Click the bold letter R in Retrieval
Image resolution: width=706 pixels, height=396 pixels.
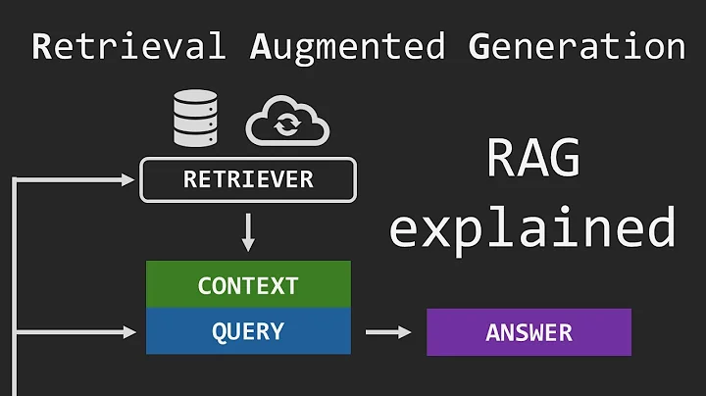tap(42, 46)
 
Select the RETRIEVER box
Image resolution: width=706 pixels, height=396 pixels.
tap(248, 180)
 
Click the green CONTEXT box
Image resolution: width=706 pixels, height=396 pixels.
tap(247, 285)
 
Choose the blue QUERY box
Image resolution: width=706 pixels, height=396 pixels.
tap(247, 331)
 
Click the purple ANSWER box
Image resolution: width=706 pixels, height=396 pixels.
tap(528, 332)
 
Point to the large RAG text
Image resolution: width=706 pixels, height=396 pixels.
tap(533, 162)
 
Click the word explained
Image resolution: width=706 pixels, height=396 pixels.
tap(532, 226)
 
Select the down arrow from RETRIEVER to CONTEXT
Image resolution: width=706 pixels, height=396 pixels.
tap(248, 231)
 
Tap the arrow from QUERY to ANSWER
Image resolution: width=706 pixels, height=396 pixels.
tap(388, 332)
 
